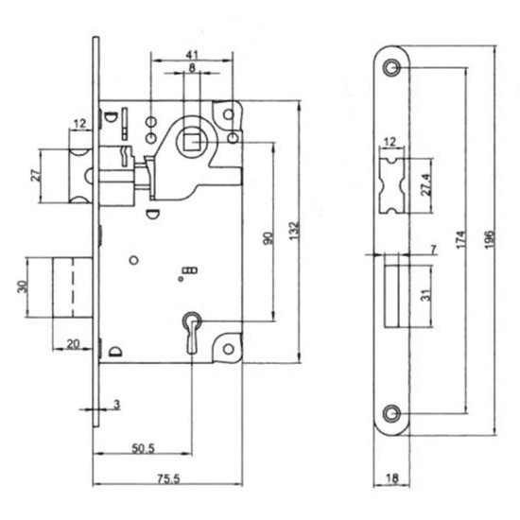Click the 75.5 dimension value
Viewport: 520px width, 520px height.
pos(168,477)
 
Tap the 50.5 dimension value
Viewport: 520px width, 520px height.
pos(144,448)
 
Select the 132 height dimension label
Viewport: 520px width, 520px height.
pos(294,231)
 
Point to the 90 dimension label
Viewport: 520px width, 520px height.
pos(269,238)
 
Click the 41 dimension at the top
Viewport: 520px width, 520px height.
pos(192,55)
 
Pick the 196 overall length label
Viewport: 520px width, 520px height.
pos(490,239)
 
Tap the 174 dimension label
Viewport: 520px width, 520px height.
pos(461,239)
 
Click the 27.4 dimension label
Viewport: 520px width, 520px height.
pos(426,184)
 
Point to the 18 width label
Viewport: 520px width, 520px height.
pos(392,478)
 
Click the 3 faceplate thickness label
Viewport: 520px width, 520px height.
pos(116,405)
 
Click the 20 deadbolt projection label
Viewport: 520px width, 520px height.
pos(74,344)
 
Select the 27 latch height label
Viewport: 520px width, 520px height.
pos(36,175)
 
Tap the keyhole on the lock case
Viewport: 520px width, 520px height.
pos(191,332)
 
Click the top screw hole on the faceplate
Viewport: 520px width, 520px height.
pos(391,67)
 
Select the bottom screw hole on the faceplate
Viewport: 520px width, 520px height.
pos(391,413)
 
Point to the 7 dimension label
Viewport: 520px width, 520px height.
pos(433,249)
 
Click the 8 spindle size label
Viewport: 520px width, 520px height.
pos(192,68)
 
